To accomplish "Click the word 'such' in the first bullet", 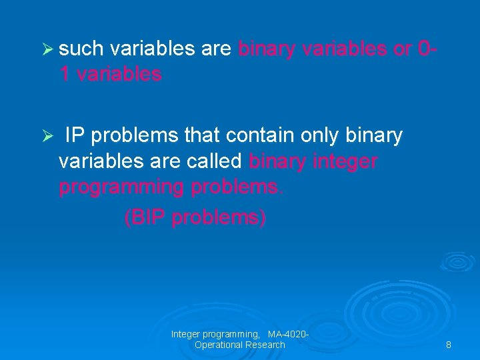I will (81, 49).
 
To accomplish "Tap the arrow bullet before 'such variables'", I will (47, 49).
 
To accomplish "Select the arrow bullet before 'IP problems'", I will (47, 137).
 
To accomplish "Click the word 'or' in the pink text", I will (402, 49).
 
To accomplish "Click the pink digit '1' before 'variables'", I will (65, 75).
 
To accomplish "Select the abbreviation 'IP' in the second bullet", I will (75, 136).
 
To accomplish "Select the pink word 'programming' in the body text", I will (121, 188).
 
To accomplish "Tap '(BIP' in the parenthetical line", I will (145, 217).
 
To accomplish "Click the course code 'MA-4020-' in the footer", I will (288, 333).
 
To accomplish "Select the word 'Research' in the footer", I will (265, 345).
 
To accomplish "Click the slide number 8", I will (448, 345).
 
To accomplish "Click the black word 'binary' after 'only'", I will (374, 136).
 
